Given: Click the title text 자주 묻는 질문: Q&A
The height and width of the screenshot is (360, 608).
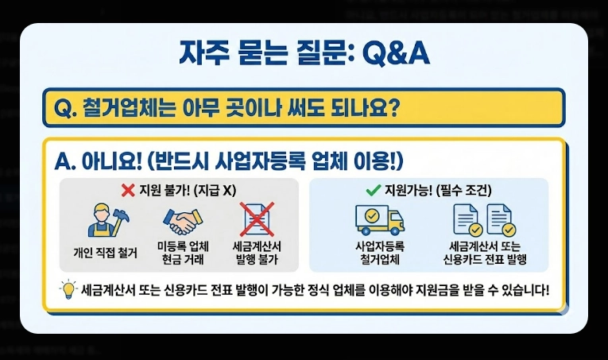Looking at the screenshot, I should (x=304, y=54).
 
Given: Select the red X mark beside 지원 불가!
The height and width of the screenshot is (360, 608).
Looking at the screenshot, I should (x=126, y=191).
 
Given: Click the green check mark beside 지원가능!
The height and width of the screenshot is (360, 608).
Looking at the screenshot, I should (x=371, y=191).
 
